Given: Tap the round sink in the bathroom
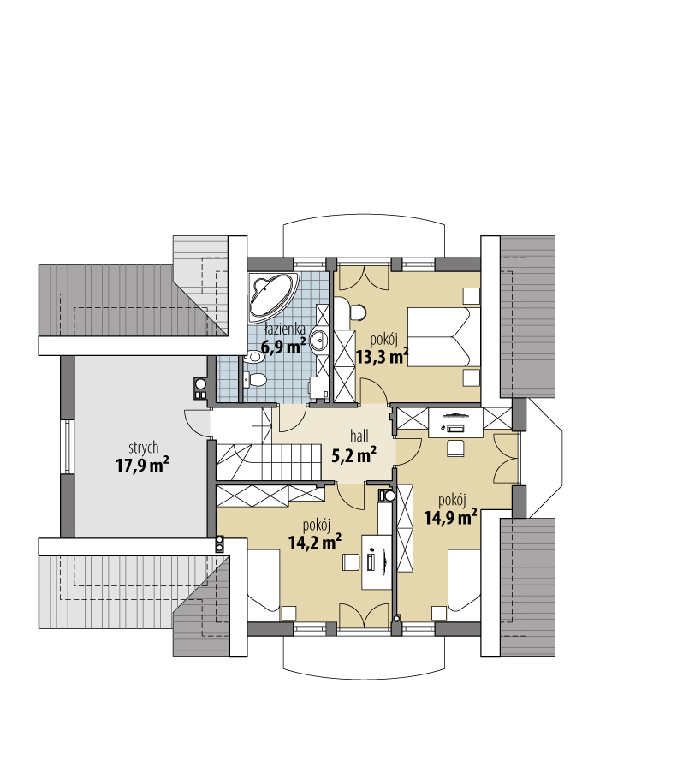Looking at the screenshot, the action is click(318, 341).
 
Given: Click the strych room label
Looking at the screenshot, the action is click(144, 448).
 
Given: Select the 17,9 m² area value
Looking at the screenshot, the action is click(142, 466).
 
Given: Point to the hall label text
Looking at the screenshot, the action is click(359, 436).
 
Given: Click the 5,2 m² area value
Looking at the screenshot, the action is click(354, 455).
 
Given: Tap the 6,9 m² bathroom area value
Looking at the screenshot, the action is click(283, 347).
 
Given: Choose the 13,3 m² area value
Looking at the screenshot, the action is click(383, 357).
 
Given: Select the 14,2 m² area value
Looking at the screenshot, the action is click(315, 543).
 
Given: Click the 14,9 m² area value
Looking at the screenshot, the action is click(450, 517).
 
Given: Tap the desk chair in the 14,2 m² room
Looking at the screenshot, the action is click(351, 562).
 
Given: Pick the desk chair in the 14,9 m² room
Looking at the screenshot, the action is click(455, 448).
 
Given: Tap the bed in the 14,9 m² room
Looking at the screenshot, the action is click(464, 579).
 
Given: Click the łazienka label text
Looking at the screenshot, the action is click(284, 330).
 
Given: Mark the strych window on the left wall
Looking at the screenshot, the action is click(68, 447).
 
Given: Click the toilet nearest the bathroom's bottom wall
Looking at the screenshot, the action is click(254, 380).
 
